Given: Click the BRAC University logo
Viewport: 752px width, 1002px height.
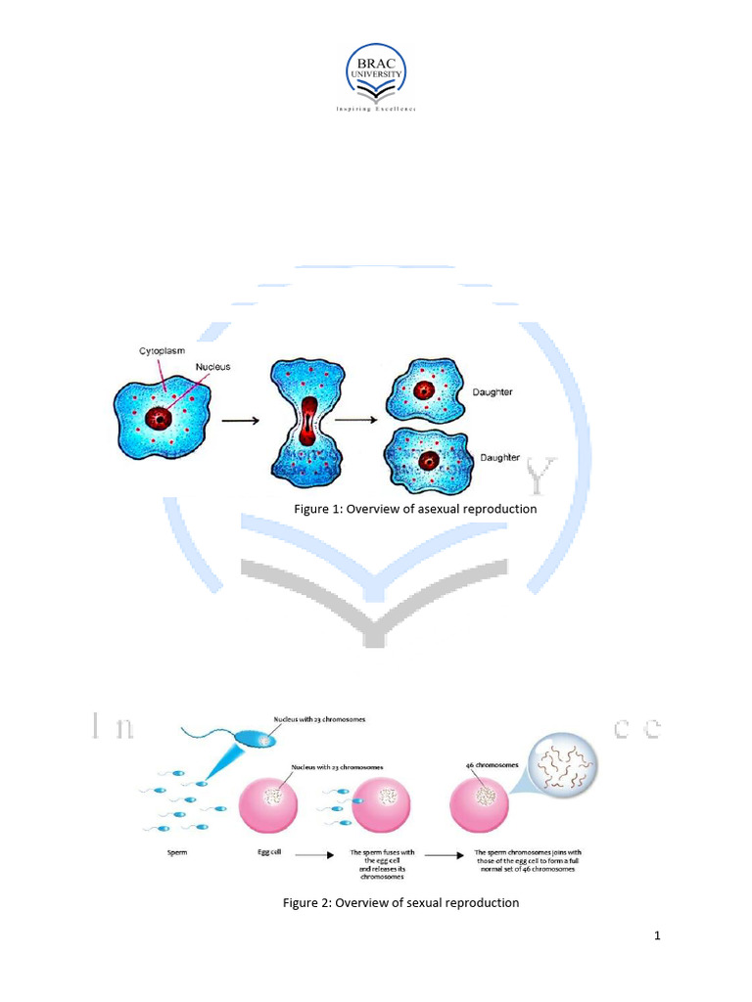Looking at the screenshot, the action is (x=376, y=77).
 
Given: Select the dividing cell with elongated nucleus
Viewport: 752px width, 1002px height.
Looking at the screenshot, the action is (x=309, y=421).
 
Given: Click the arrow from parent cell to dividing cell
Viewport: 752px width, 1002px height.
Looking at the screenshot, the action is (x=239, y=421).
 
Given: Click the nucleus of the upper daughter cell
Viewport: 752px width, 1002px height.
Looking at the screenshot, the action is (x=423, y=391).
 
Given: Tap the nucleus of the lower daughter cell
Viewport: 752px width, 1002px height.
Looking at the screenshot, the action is (x=427, y=460).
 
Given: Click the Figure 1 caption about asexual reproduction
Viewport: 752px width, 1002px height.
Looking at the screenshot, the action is (x=416, y=509).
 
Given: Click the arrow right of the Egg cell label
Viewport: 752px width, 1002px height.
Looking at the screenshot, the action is (x=312, y=853).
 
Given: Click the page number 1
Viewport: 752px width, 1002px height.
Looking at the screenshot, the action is (x=658, y=936).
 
